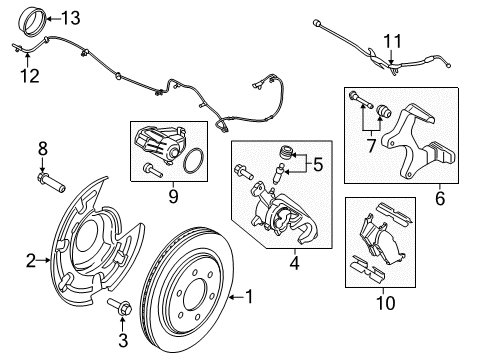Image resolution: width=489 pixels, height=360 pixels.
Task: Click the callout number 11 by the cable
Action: [392, 40]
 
